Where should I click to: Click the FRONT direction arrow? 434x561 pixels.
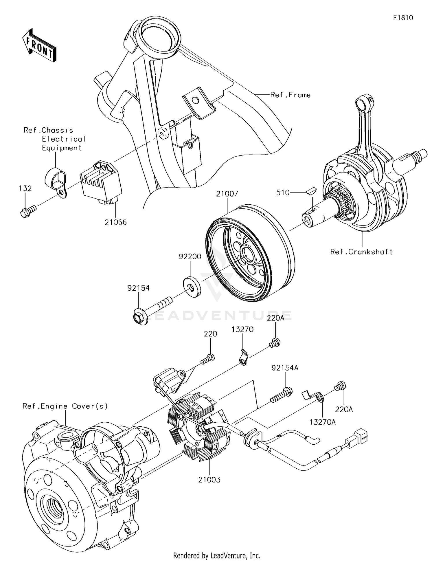(x=39, y=46)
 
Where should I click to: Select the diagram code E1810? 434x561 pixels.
(x=403, y=18)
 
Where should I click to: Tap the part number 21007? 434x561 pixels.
(x=227, y=194)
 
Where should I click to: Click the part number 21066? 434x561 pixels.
(x=116, y=222)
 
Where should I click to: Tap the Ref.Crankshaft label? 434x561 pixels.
(x=361, y=252)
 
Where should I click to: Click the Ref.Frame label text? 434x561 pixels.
(x=290, y=95)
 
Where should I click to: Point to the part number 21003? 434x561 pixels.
(x=209, y=480)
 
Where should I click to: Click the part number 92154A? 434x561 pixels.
(x=285, y=368)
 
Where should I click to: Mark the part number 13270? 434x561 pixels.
(x=242, y=329)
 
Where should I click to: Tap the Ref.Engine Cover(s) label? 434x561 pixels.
(x=65, y=406)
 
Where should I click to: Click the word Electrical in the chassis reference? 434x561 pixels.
(x=64, y=139)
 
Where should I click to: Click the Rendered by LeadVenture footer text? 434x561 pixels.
(x=217, y=555)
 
